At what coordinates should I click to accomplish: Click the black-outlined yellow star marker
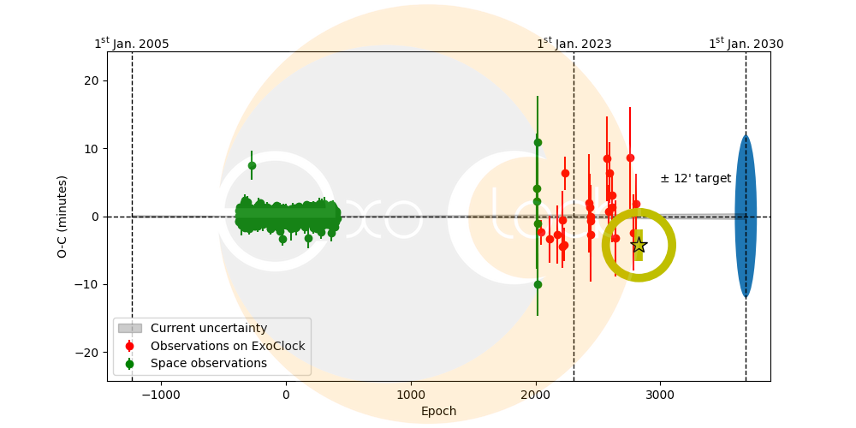[x=639, y=245]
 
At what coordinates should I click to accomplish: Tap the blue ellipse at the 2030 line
[x=746, y=216]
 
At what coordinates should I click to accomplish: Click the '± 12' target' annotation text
[x=695, y=179]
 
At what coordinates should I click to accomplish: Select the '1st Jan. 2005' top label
[x=131, y=44]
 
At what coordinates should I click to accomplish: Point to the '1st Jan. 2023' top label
[x=574, y=44]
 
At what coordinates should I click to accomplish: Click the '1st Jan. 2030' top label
[x=746, y=44]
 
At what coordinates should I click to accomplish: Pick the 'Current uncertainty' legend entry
[x=208, y=328]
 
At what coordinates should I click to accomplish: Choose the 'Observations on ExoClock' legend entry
[x=227, y=346]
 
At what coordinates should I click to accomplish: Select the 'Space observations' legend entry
[x=208, y=363]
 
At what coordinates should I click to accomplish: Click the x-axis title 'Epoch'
[x=438, y=412]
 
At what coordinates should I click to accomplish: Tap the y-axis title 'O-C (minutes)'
[x=62, y=217]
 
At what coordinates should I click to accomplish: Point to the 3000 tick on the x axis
[x=660, y=395]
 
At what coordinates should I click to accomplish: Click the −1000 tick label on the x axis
[x=161, y=395]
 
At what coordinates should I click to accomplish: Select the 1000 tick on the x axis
[x=411, y=395]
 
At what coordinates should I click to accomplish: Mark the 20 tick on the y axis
[x=91, y=80]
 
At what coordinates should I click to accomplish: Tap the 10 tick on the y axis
[x=91, y=148]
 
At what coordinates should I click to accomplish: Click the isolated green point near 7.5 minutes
[x=252, y=165]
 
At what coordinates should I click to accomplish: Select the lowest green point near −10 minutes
[x=538, y=284]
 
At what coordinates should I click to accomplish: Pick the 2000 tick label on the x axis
[x=536, y=395]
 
